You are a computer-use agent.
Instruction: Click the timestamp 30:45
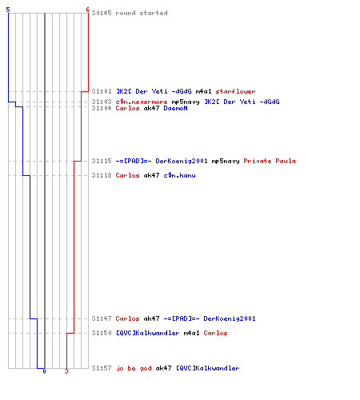[x=102, y=13]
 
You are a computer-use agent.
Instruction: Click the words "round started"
[x=142, y=13]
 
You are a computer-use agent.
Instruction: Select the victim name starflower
[x=235, y=91]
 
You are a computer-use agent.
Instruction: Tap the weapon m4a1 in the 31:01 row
[x=203, y=91]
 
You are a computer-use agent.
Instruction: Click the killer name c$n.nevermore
[x=142, y=102]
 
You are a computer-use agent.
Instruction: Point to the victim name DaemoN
[x=175, y=108]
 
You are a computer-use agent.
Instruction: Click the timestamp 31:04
[x=102, y=108]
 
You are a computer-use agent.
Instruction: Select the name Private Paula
[x=270, y=161]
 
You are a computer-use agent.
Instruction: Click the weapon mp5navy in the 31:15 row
[x=226, y=162]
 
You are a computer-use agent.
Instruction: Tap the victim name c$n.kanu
[x=179, y=175]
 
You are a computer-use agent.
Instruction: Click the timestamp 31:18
[x=102, y=175]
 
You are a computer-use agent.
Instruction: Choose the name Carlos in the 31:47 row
[x=127, y=318]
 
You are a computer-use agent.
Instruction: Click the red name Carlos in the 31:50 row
[x=215, y=333]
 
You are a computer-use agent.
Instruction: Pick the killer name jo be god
[x=134, y=368]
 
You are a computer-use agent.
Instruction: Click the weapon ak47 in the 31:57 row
[x=163, y=368]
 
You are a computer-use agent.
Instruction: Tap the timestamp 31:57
[x=102, y=368]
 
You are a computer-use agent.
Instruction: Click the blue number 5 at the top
[x=8, y=10]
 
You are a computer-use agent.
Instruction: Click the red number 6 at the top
[x=88, y=10]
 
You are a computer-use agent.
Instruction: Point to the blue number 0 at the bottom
[x=44, y=371]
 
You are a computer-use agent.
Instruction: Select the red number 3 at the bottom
[x=66, y=371]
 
